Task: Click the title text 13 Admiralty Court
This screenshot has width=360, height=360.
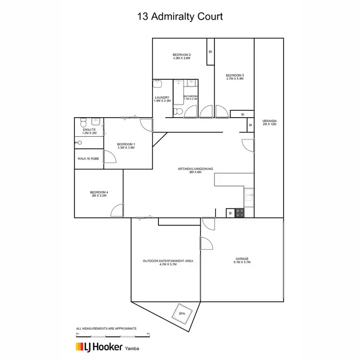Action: [x=180, y=16]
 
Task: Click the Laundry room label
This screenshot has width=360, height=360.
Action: [x=162, y=99]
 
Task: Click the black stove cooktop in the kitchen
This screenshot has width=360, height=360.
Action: [x=240, y=214]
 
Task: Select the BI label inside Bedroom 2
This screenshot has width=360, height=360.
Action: [x=210, y=52]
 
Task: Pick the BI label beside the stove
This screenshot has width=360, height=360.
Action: [x=230, y=213]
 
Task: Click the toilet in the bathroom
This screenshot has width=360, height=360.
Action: [x=177, y=111]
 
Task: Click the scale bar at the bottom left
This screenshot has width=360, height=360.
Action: [x=113, y=334]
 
